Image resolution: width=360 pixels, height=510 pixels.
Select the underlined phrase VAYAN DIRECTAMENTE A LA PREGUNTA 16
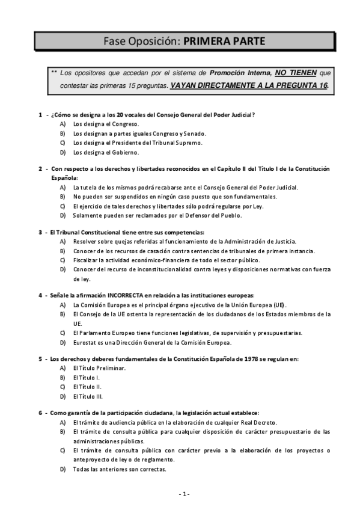click(249, 85)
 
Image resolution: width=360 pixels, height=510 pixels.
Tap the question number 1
click(40, 114)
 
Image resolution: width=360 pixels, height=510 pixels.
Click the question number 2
click(40, 169)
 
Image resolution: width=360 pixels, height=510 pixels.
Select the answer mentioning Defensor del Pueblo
click(157, 215)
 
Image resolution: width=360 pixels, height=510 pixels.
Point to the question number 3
click(40, 232)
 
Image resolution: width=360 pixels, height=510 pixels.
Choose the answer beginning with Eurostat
click(152, 342)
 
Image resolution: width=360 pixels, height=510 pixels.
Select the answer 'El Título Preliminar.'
click(99, 368)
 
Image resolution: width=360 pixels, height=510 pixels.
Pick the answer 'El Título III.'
click(88, 396)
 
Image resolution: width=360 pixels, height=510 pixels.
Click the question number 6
click(40, 413)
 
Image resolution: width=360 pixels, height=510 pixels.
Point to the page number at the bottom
click(184, 494)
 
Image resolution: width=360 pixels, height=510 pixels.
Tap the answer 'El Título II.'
click(87, 387)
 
